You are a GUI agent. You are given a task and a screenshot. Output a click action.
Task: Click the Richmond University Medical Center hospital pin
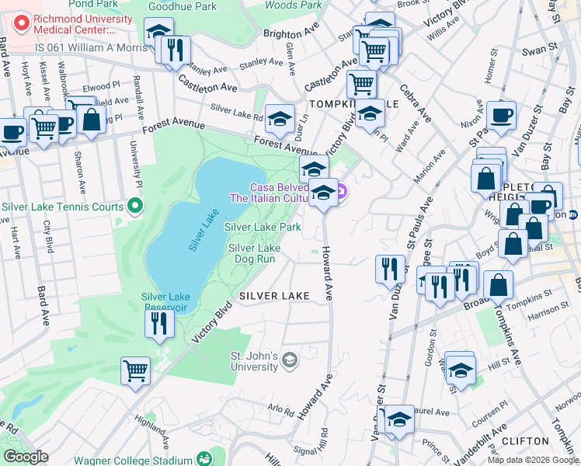coord(22,22)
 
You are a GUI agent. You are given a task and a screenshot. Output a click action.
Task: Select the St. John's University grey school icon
coord(289,358)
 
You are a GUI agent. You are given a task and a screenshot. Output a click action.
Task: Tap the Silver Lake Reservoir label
coord(165,301)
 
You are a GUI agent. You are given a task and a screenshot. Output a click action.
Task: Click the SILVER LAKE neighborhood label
coord(274,296)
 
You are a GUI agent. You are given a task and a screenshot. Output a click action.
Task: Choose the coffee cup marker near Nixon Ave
coord(501,114)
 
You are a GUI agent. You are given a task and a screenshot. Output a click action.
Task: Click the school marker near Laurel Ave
coord(399,419)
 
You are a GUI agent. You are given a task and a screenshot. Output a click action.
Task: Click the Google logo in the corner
coord(26,457)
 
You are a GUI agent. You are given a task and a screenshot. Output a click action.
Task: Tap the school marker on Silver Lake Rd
coord(280,118)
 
